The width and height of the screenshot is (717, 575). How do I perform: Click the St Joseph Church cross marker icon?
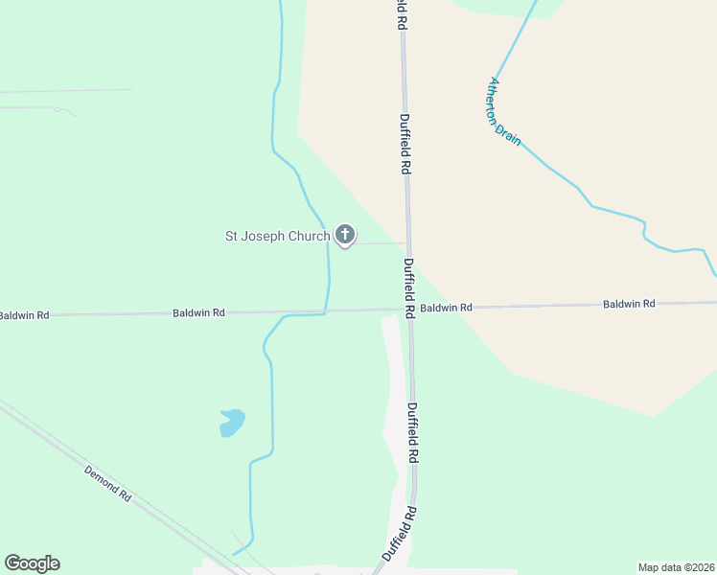[345, 235]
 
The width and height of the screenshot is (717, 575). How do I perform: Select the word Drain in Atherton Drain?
[512, 135]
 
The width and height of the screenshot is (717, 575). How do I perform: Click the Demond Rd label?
[107, 483]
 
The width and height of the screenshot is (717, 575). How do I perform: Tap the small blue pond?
[232, 422]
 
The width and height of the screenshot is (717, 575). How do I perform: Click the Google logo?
[32, 563]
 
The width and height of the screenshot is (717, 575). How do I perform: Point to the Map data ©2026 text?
[677, 567]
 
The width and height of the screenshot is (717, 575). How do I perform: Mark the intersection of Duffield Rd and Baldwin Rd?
[409, 309]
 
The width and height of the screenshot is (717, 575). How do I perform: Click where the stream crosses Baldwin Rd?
[326, 311]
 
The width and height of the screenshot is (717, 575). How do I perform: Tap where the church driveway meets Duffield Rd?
[406, 242]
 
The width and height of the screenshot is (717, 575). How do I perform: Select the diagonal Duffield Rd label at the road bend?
[401, 533]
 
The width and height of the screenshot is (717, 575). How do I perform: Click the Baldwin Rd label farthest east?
[629, 304]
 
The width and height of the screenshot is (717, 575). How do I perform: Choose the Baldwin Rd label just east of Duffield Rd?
[447, 308]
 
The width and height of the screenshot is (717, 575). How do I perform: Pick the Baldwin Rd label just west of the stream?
[198, 312]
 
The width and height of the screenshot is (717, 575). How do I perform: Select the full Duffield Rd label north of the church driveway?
[405, 144]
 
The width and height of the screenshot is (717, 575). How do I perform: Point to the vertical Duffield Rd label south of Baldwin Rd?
[413, 433]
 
